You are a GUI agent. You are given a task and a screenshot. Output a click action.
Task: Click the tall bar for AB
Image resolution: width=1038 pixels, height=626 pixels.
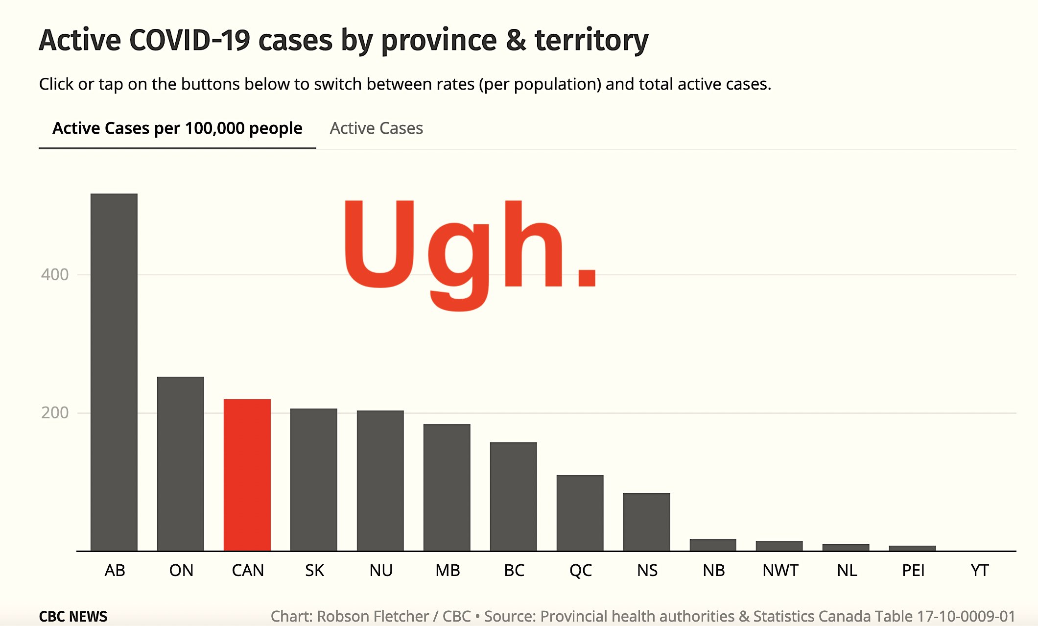pos(114,372)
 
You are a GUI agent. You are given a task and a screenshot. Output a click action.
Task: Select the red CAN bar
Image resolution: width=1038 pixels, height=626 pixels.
pos(247,475)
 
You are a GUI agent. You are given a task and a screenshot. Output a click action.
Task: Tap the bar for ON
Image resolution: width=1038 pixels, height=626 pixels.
pos(181,464)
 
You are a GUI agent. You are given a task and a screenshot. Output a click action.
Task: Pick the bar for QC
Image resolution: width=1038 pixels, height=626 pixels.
pos(580,513)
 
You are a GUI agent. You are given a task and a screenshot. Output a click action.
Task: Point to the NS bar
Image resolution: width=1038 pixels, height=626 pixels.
pos(647,522)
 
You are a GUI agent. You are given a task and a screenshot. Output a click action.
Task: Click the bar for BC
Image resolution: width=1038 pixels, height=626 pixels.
pos(514,497)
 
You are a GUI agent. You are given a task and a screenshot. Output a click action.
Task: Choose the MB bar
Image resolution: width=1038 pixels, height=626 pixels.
pos(447,487)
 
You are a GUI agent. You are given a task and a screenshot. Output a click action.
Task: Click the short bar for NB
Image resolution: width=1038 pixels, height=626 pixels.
pos(713,545)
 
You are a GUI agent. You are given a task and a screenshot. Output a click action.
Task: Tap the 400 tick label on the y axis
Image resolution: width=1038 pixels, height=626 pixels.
pos(55,274)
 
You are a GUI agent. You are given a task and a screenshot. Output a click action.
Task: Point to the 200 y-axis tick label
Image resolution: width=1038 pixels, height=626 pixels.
pos(55,412)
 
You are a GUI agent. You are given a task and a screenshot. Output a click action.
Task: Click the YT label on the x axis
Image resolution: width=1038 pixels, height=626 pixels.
pos(980,570)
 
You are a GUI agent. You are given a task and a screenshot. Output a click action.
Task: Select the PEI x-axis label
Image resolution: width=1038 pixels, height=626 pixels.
pos(913,570)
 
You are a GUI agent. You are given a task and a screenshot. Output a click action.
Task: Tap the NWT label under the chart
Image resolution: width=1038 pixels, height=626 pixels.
pos(780,570)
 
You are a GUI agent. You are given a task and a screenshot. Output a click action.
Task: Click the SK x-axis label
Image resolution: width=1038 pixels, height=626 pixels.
pos(314,570)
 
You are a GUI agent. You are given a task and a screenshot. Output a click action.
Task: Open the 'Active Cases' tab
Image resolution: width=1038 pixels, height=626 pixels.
pos(377,128)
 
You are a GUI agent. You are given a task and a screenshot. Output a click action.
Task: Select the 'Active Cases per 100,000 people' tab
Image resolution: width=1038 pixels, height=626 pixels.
pos(177,128)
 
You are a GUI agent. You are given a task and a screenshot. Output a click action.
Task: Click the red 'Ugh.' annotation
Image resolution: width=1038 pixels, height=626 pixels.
pos(470,255)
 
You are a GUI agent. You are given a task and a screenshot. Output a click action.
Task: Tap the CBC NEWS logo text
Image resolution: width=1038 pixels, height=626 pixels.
pos(73,616)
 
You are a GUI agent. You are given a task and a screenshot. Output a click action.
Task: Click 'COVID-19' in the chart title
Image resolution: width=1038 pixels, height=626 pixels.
pos(190,40)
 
